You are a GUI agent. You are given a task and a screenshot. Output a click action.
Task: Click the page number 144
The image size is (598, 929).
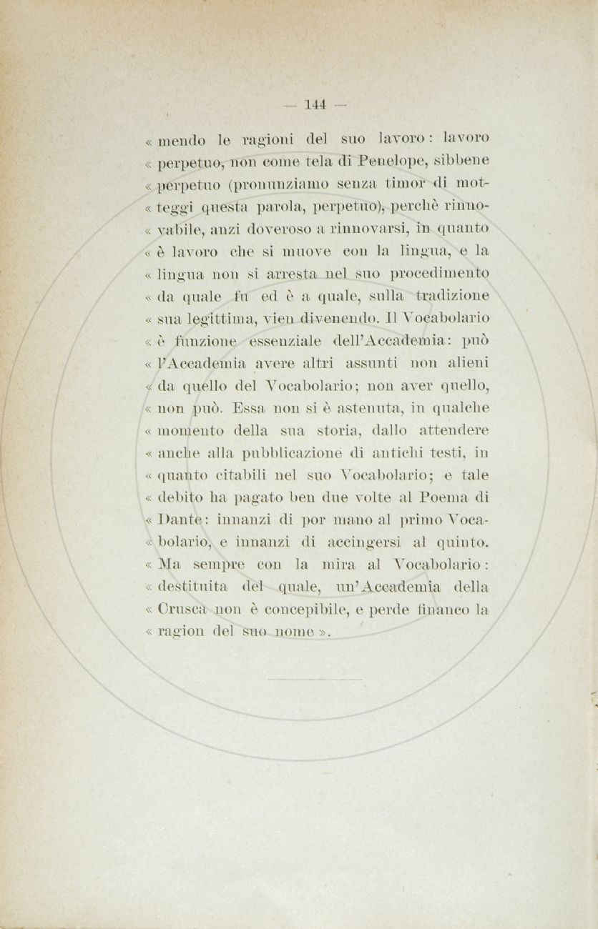pyautogui.click(x=315, y=104)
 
